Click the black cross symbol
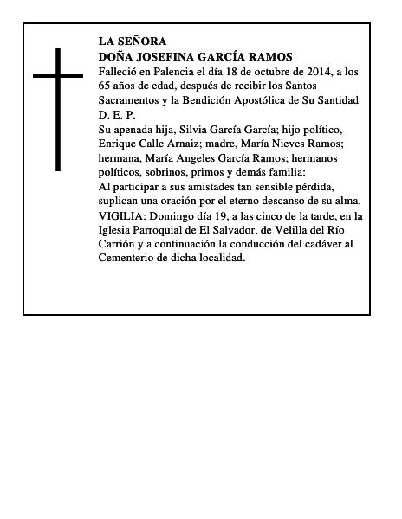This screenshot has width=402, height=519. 58,108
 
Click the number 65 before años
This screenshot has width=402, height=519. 106,86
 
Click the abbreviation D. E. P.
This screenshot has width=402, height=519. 112,114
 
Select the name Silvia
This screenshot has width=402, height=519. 195,129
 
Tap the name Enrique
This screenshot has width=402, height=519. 120,144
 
